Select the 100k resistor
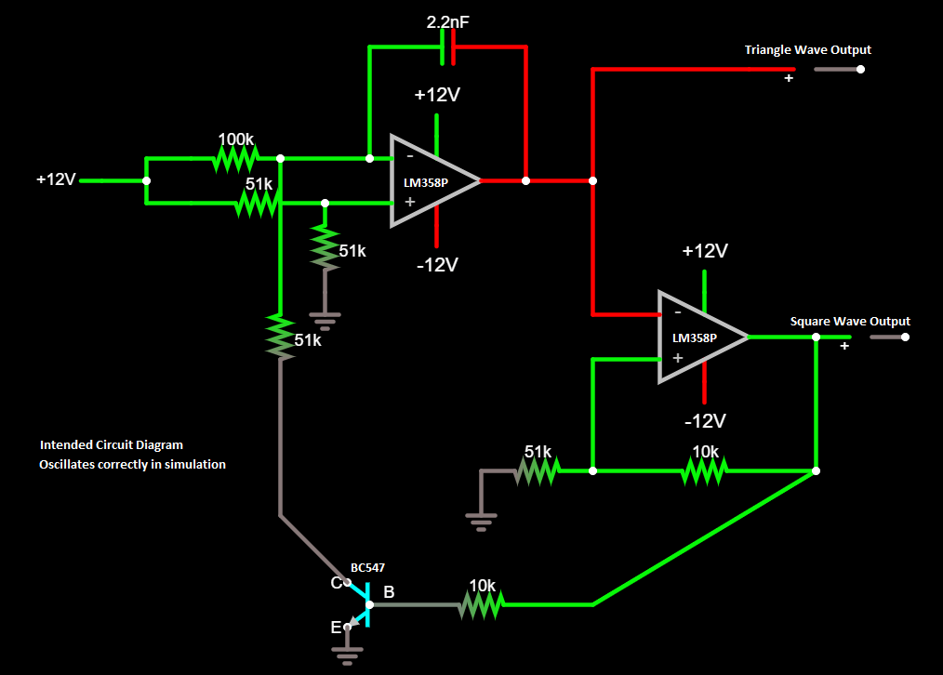[234, 158]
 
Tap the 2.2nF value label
[447, 21]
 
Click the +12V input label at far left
[56, 179]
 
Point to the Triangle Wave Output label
[807, 50]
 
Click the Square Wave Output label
[850, 322]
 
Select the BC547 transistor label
[367, 567]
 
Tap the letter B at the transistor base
[389, 592]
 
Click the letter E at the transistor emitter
[336, 628]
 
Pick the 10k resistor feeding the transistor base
[481, 604]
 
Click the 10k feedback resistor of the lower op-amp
[704, 471]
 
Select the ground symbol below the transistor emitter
[347, 657]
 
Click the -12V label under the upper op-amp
[437, 265]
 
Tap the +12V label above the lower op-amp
[704, 251]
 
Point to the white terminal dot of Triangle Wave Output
[860, 69]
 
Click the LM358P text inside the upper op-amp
[425, 183]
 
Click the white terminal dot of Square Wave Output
[905, 337]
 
